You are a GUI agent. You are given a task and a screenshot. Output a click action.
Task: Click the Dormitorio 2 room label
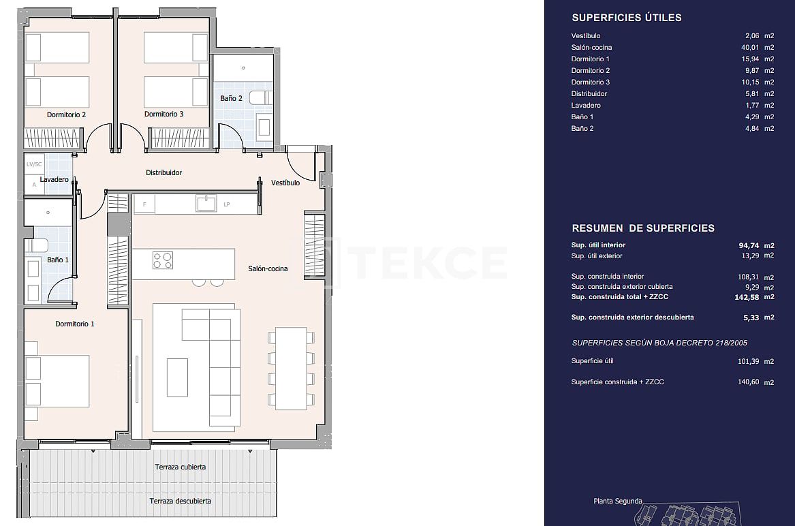click(x=66, y=114)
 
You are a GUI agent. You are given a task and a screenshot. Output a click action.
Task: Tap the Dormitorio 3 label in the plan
click(x=163, y=114)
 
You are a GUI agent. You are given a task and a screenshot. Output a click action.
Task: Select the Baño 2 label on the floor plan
click(x=231, y=98)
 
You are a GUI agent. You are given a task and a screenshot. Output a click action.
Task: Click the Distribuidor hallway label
click(x=163, y=173)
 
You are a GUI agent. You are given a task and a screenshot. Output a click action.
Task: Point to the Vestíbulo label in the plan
click(x=285, y=183)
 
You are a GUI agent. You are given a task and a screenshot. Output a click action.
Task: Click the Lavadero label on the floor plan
click(x=54, y=180)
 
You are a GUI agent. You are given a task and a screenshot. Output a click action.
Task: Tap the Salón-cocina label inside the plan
click(x=268, y=268)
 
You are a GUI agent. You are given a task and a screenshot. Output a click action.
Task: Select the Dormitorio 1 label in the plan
click(x=75, y=324)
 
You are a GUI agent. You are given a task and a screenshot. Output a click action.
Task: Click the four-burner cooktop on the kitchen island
click(x=163, y=260)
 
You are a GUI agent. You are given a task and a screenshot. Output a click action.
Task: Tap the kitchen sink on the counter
click(x=206, y=203)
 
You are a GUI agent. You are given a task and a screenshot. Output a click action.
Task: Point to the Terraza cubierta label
click(x=180, y=467)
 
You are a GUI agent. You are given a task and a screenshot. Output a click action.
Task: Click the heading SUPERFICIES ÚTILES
click(x=626, y=18)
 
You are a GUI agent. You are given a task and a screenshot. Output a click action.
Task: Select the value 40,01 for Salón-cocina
click(x=746, y=48)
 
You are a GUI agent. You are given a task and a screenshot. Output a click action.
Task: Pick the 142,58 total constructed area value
click(x=745, y=297)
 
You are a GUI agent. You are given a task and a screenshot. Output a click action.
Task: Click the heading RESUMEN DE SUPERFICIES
click(x=642, y=228)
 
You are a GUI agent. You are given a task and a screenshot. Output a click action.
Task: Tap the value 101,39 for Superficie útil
click(x=745, y=362)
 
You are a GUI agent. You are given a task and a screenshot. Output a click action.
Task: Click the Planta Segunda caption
click(x=617, y=501)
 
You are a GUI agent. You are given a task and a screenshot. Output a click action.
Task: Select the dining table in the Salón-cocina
click(x=291, y=368)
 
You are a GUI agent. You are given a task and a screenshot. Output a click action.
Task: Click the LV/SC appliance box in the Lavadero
click(x=34, y=164)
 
